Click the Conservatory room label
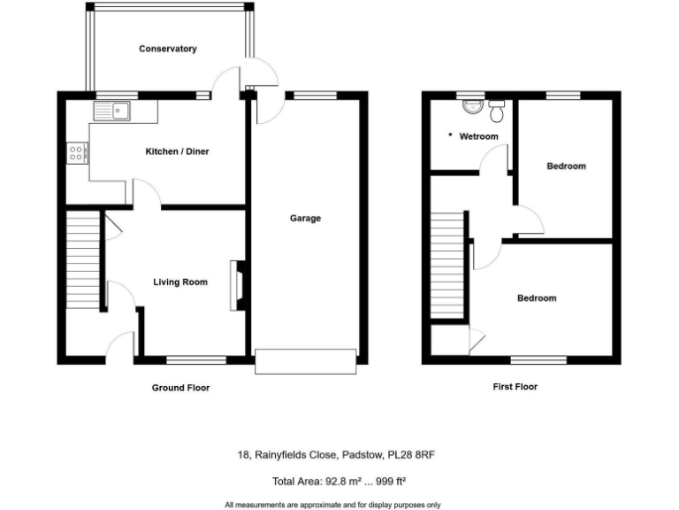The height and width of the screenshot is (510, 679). point(167,49)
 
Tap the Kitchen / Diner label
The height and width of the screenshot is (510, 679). point(177,151)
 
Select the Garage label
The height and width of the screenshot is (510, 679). point(306,218)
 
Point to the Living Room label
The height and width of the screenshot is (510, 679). point(180,282)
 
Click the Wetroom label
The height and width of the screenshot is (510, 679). point(478,136)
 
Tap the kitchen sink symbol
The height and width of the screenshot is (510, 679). point(112,111)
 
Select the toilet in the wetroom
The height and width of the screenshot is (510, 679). point(497,111)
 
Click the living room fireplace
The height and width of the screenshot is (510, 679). point(237,285)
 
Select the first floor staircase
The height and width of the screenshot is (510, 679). point(448,266)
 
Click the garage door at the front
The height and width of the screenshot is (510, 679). point(306,361)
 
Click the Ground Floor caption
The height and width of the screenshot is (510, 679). point(181,388)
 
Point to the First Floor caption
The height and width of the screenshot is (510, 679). point(515,387)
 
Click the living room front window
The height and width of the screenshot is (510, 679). point(195,359)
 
